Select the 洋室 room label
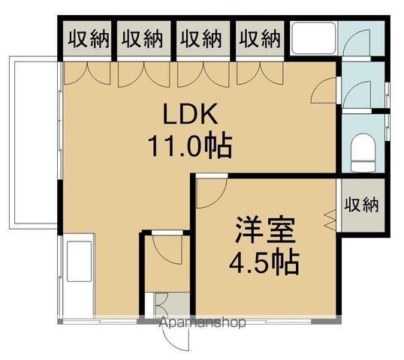pyautogui.click(x=263, y=228)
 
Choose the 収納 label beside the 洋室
pyautogui.click(x=362, y=204)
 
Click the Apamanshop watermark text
pyautogui.click(x=204, y=324)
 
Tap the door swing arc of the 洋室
pyautogui.click(x=210, y=193)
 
